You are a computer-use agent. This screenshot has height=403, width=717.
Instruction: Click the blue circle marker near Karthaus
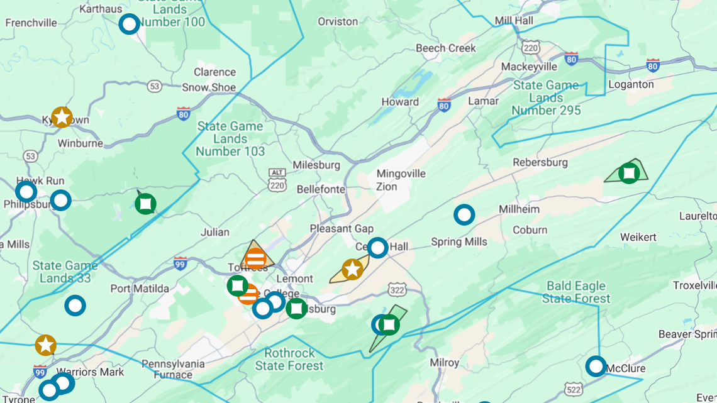coord(129,24)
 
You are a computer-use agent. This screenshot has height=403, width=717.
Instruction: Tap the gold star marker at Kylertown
coord(62,117)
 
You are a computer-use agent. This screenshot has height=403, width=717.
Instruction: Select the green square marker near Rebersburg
coord(629,173)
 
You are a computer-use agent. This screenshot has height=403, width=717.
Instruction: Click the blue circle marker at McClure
coord(596,366)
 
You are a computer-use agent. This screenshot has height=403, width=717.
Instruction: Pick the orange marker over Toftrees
coord(255,258)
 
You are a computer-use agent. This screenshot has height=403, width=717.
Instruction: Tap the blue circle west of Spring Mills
coord(464,215)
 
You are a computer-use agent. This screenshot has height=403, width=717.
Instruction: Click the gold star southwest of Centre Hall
coord(352,270)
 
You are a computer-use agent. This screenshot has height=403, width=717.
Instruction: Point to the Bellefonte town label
coord(321,189)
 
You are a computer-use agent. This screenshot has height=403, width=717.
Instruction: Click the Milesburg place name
coord(316,165)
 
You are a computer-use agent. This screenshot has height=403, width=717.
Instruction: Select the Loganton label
coord(631,84)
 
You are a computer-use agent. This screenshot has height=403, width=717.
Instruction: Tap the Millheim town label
coord(519,209)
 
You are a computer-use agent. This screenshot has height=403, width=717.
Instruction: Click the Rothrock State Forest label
coord(289,359)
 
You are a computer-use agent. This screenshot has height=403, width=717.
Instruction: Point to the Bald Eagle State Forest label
coord(576,292)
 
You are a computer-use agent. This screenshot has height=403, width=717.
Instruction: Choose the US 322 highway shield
coord(397,290)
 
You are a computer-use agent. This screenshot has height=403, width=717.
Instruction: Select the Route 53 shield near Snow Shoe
coord(154,86)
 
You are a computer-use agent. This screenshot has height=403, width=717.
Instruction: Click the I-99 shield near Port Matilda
coord(181,263)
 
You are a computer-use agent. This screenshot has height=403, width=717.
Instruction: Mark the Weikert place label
coord(638,238)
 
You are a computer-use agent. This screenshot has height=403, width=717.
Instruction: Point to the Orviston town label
coord(338,21)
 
